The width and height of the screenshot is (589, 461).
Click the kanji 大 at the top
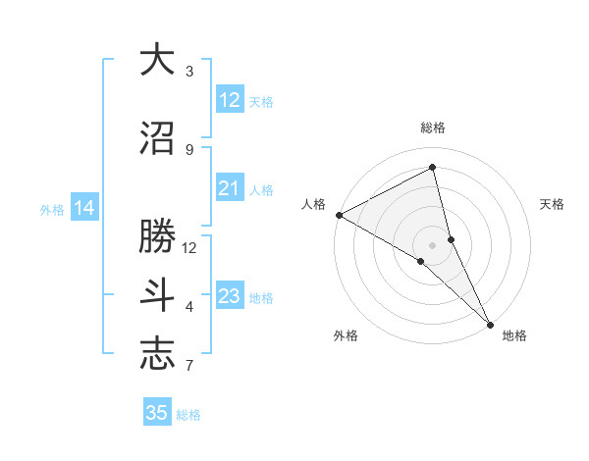157,61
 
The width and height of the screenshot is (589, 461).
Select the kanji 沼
157,139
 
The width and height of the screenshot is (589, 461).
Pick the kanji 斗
157,295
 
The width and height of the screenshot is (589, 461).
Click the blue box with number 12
230,100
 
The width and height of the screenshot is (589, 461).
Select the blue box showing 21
230,188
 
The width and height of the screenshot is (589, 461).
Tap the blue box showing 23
230,296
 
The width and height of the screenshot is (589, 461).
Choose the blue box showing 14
84,208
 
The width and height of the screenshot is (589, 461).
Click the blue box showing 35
157,413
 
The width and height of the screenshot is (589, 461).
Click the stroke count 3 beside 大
189,72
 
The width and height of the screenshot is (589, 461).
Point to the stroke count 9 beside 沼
189,150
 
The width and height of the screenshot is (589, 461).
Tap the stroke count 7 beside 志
189,367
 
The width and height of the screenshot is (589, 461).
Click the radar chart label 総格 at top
433,128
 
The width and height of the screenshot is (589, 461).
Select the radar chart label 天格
553,204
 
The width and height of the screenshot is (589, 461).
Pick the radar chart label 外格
346,335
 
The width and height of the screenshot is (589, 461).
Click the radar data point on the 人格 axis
339,215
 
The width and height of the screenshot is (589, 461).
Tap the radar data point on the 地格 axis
490,323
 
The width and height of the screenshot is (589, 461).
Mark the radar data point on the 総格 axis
433,168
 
